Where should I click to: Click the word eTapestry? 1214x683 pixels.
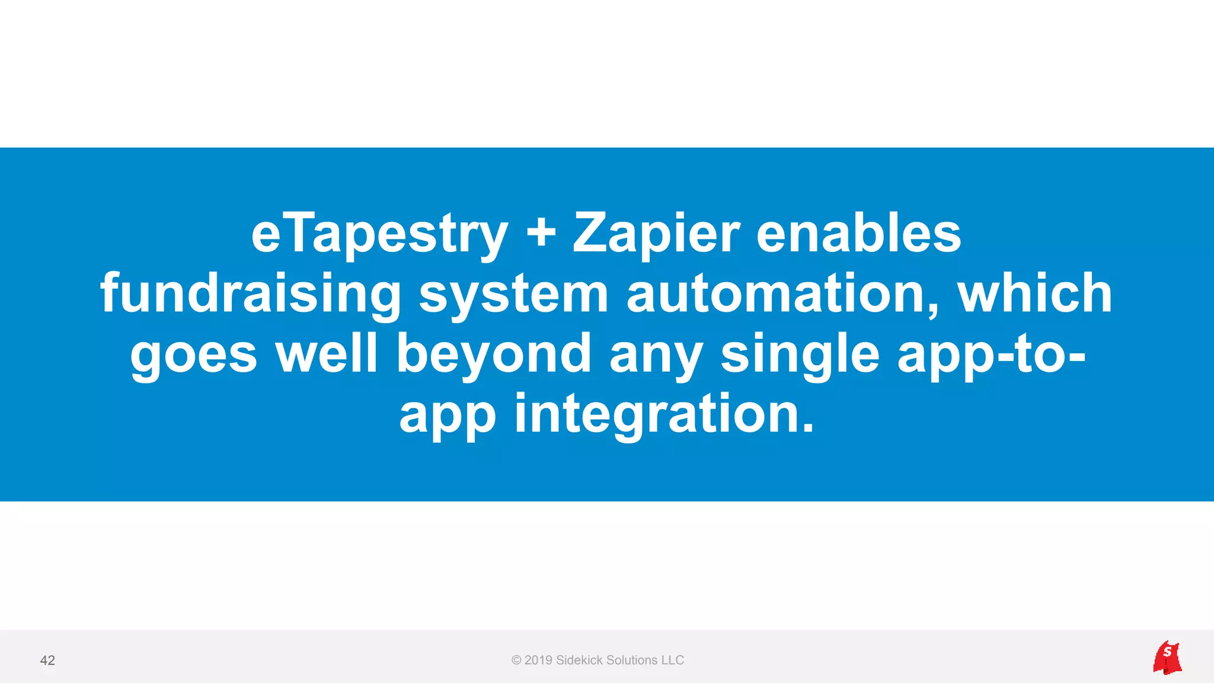click(379, 234)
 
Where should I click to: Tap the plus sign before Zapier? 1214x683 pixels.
click(541, 233)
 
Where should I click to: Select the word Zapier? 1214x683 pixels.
click(656, 234)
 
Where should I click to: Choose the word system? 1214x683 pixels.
click(513, 295)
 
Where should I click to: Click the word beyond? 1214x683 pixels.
click(494, 355)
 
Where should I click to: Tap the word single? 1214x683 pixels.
click(800, 355)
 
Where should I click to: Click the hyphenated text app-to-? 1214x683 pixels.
click(991, 355)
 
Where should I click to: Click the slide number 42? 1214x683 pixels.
click(47, 660)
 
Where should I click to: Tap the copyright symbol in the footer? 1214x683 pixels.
click(516, 660)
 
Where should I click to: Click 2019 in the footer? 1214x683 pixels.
click(538, 660)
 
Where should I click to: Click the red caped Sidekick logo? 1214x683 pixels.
click(1167, 658)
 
